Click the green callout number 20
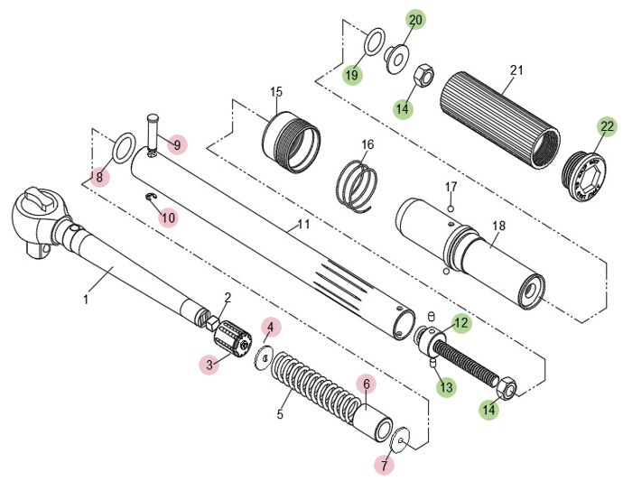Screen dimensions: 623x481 tap(415, 20)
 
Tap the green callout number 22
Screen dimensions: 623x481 tap(607, 126)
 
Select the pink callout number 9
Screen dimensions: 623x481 tap(177, 145)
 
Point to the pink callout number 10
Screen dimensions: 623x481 tap(168, 217)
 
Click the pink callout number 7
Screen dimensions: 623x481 tap(385, 465)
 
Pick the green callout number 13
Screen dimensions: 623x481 tap(447, 387)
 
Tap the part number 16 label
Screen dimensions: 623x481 tap(367, 144)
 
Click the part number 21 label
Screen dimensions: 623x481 tap(516, 70)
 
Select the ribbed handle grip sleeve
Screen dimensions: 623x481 tap(500, 121)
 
